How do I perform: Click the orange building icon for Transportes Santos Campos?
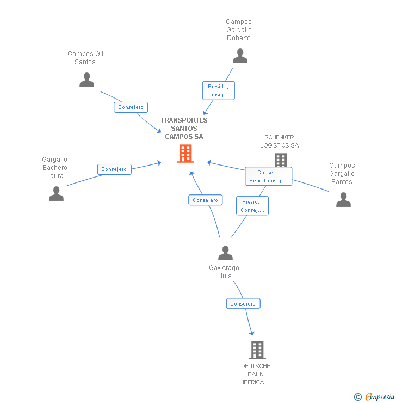(185, 154)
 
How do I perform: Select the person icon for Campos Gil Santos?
(86, 80)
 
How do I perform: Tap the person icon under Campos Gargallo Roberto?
(240, 56)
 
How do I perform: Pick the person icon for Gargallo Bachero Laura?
(56, 193)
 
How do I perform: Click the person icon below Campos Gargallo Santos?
(343, 199)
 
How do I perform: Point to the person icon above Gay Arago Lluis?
(225, 253)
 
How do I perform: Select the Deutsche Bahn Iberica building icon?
(257, 350)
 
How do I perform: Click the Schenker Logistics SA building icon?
(281, 160)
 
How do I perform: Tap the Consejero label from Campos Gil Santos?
(131, 107)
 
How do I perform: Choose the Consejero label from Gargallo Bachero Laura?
(114, 169)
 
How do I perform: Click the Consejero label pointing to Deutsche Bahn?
(243, 303)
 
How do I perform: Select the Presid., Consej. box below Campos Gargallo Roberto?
(219, 90)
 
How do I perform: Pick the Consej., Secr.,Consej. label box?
(269, 176)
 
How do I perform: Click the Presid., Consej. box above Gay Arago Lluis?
(252, 206)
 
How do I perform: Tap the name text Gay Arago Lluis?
(224, 272)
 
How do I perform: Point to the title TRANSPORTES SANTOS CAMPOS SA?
(184, 128)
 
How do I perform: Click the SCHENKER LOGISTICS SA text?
(279, 142)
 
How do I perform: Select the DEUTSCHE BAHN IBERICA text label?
(256, 374)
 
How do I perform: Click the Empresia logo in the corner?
(374, 396)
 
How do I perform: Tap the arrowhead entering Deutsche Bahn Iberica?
(252, 333)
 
